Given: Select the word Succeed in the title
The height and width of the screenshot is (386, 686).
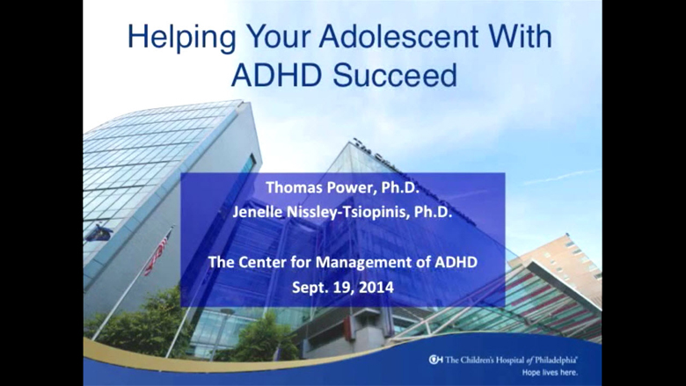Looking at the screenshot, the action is (395, 75).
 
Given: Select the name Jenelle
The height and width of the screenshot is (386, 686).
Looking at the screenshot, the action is (257, 212).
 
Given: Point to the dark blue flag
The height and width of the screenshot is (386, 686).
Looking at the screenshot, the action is (98, 233).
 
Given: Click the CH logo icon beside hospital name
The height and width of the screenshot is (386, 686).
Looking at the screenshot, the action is (435, 360).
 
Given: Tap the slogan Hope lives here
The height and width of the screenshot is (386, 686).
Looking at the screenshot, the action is (550, 373).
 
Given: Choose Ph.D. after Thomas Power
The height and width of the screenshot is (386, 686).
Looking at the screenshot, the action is (400, 187).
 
